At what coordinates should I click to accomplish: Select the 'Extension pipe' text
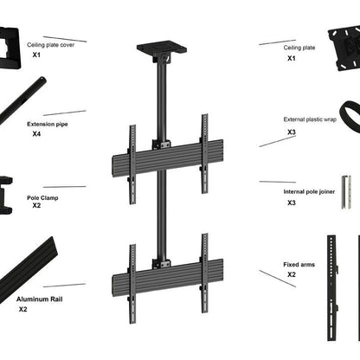(48, 124)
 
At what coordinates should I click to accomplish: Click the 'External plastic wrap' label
(309, 119)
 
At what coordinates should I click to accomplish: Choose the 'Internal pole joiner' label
(307, 191)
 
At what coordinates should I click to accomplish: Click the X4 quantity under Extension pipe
(36, 134)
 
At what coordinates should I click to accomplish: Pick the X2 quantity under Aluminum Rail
(23, 309)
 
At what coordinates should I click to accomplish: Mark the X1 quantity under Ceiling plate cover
(36, 55)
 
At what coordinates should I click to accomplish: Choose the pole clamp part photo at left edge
(7, 194)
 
